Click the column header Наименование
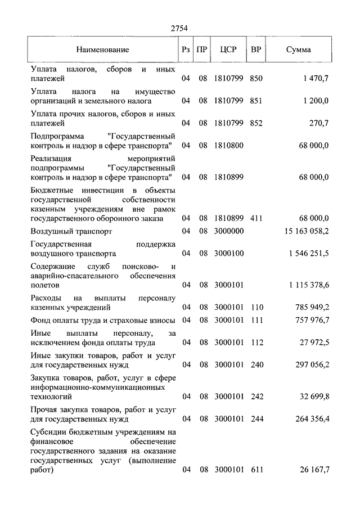(103, 49)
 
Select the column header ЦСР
(228, 49)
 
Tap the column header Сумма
(298, 49)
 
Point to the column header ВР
(256, 49)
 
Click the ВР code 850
(256, 79)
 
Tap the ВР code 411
(256, 218)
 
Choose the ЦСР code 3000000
(228, 231)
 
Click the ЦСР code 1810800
(228, 146)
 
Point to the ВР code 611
(256, 470)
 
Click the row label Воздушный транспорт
(71, 231)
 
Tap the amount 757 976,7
(311, 320)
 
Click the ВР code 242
(256, 397)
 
